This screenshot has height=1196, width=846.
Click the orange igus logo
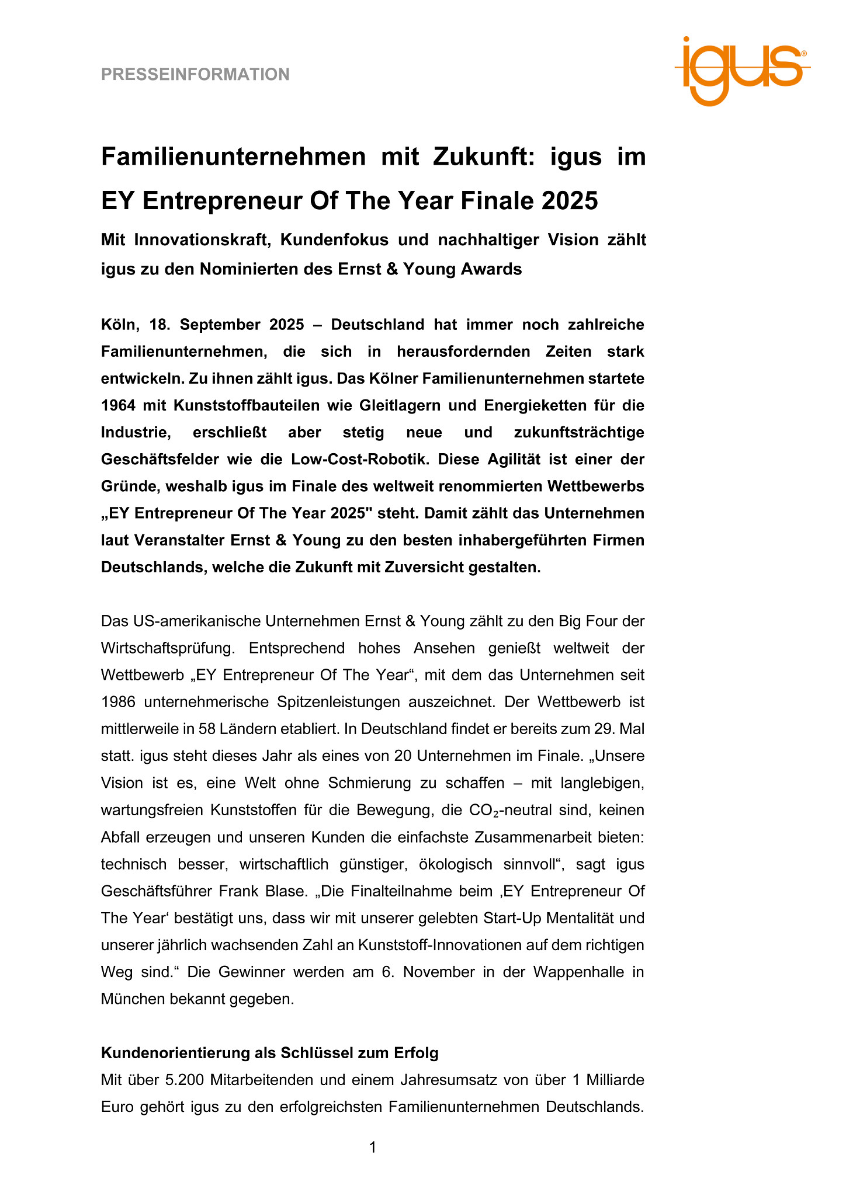click(742, 71)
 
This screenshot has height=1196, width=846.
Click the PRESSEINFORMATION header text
click(195, 75)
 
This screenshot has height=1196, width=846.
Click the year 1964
click(117, 405)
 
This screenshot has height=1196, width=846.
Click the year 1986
click(117, 702)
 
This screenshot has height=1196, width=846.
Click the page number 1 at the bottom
click(373, 1148)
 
